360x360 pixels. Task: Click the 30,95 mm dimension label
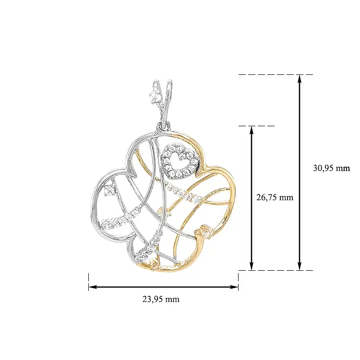pyautogui.click(x=331, y=168)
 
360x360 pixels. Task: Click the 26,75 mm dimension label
pyautogui.click(x=275, y=197)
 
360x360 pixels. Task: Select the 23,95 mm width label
pyautogui.click(x=161, y=299)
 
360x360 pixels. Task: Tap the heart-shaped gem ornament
pyautogui.click(x=180, y=162)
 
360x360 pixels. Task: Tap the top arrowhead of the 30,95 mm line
pyautogui.click(x=299, y=79)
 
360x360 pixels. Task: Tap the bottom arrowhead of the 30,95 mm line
pyautogui.click(x=299, y=266)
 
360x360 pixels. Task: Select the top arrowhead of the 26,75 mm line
pyautogui.click(x=252, y=131)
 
